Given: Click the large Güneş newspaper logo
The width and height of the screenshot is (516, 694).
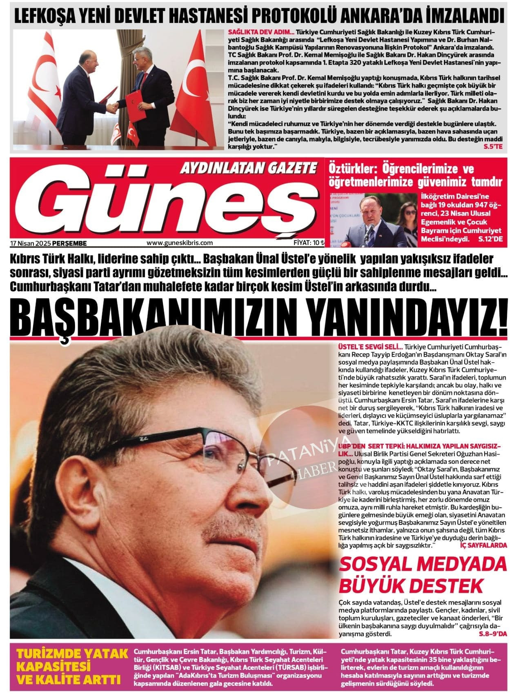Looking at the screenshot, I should click(163, 204).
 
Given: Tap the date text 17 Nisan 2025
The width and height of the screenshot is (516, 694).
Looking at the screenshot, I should click(30, 243).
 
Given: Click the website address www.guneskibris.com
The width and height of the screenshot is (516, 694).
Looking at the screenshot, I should click(180, 243).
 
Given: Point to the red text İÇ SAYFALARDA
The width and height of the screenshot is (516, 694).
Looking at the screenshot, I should click(483, 545).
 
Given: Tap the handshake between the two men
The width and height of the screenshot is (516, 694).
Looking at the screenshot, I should click(113, 107).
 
